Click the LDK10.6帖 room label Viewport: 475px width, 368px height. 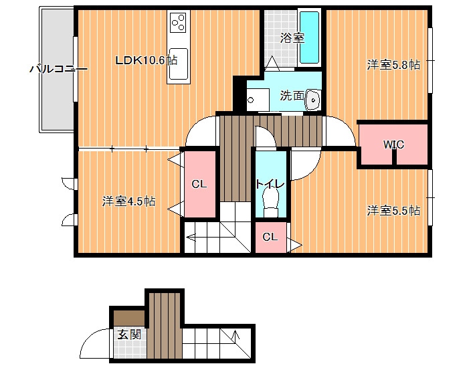(x=147, y=60)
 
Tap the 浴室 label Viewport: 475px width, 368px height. (x=292, y=38)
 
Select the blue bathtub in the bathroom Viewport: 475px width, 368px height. (x=309, y=37)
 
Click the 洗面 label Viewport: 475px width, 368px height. (x=292, y=96)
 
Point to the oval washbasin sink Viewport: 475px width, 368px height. (x=313, y=100)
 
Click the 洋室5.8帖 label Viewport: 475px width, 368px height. (x=393, y=65)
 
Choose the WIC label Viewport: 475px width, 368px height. (x=393, y=145)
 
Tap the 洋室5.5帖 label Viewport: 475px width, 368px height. (x=393, y=211)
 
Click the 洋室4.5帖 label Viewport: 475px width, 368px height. (x=128, y=201)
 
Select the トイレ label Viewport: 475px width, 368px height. (x=270, y=184)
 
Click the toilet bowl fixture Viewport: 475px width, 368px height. (x=271, y=201)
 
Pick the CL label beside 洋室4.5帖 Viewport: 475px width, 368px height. (x=199, y=184)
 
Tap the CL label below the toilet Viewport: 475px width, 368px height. (x=270, y=237)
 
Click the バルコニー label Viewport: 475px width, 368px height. (x=58, y=69)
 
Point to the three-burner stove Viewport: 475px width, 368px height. (x=178, y=23)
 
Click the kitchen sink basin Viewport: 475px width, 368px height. (x=179, y=64)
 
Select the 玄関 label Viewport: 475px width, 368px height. (x=129, y=335)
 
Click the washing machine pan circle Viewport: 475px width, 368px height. (x=250, y=100)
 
